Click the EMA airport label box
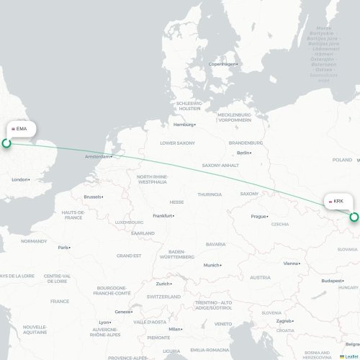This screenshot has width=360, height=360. (19, 128)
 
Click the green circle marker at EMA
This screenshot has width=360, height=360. (6, 143)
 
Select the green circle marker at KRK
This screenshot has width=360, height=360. (354, 217)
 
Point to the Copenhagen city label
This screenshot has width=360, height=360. (222, 64)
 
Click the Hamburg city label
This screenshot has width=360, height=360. (184, 125)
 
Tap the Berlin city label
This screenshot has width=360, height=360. (243, 153)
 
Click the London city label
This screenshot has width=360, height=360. (20, 179)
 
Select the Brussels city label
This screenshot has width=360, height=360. (93, 197)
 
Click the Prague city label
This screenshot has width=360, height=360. (259, 216)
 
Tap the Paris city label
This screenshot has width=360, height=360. (63, 247)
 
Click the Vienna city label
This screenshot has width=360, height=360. (291, 264)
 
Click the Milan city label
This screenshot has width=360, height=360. (174, 329)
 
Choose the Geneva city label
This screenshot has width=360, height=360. (123, 312)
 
